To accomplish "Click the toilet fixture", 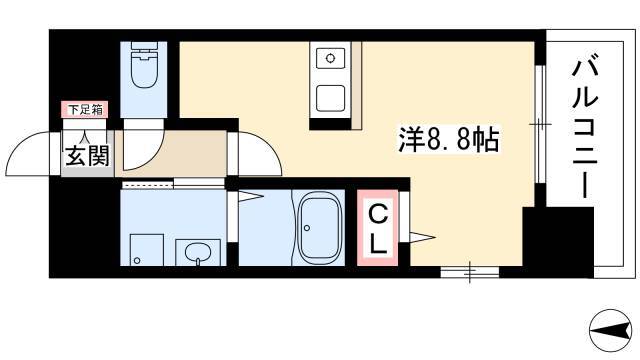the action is coord(143,64).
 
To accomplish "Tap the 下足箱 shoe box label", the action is coord(85,109).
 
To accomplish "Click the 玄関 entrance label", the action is coord(87,156).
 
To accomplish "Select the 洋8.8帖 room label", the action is coord(449,140).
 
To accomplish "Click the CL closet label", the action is coord(378,229).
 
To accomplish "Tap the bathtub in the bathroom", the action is coord(320,227).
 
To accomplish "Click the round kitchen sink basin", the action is coord(330,58).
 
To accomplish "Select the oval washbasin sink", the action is coord(198,253).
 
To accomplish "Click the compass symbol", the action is coord(611,330).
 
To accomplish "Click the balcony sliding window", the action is coord(540,124).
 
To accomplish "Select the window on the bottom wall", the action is coord(470,272).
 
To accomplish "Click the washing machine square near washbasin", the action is coord(147,250).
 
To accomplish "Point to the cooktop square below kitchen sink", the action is coord(330,98).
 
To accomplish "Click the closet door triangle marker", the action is coord(423,237).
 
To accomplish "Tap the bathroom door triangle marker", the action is coord(251,197).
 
